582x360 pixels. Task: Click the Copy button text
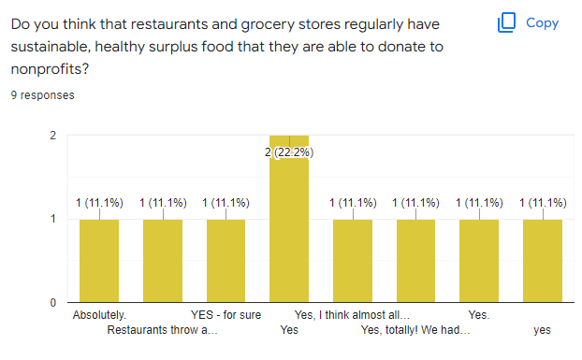coord(542,23)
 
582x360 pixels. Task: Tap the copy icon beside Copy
coord(507,23)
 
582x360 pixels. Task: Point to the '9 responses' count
coord(43,95)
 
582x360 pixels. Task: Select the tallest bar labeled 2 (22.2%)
coord(289,224)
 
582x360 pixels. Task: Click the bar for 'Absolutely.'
coord(99,261)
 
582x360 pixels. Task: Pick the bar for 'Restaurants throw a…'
coord(163,261)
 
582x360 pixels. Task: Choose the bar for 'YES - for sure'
coord(226,261)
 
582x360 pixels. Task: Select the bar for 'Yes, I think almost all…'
coord(353,261)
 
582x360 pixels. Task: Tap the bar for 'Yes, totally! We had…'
coord(415,261)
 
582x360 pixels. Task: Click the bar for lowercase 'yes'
coord(543,261)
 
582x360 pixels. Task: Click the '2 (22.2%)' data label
coord(289,152)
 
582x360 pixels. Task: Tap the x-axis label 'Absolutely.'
coord(99,316)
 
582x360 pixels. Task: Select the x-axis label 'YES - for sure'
coord(226,316)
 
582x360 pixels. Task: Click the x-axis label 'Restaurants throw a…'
coord(163,330)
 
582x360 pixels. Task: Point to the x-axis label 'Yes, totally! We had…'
coord(415,330)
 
